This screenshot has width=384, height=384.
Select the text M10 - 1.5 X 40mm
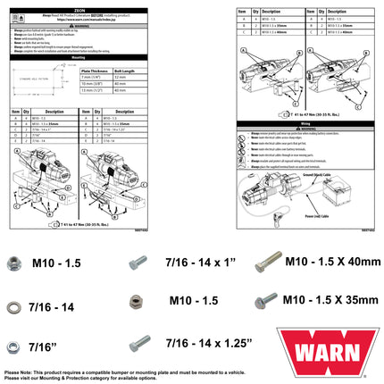pos(331,261)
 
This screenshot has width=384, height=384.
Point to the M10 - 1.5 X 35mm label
pos(331,301)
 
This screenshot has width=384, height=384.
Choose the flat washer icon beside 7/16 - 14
pos(15,304)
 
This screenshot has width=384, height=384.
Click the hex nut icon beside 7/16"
pos(15,344)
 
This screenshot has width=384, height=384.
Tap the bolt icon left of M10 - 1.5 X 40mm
pos(265,263)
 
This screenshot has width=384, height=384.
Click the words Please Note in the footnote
pos(20,371)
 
